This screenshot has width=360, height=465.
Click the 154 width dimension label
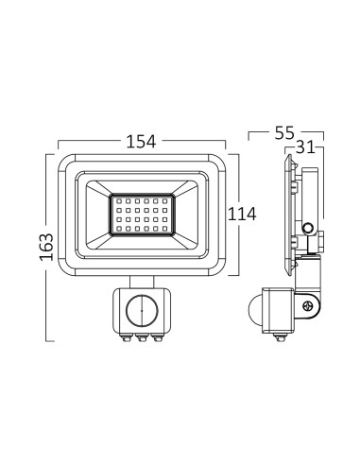tap(141, 142)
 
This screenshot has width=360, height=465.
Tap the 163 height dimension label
tap(46, 247)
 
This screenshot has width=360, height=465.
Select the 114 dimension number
tap(242, 215)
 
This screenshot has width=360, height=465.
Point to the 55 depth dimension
tap(284, 132)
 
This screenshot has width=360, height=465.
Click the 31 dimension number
tap(305, 146)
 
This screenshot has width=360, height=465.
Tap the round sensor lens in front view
tap(142, 310)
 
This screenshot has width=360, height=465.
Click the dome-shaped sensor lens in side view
tap(254, 310)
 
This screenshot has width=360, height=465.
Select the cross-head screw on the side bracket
tap(307, 306)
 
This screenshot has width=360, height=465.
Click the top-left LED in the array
tap(119, 200)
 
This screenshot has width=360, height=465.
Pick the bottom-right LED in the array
tap(164, 229)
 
